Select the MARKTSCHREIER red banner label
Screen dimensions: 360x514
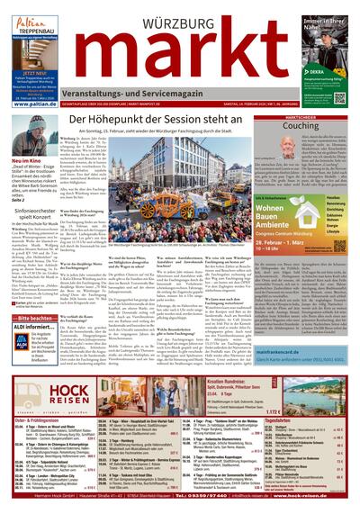click(326, 116)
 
